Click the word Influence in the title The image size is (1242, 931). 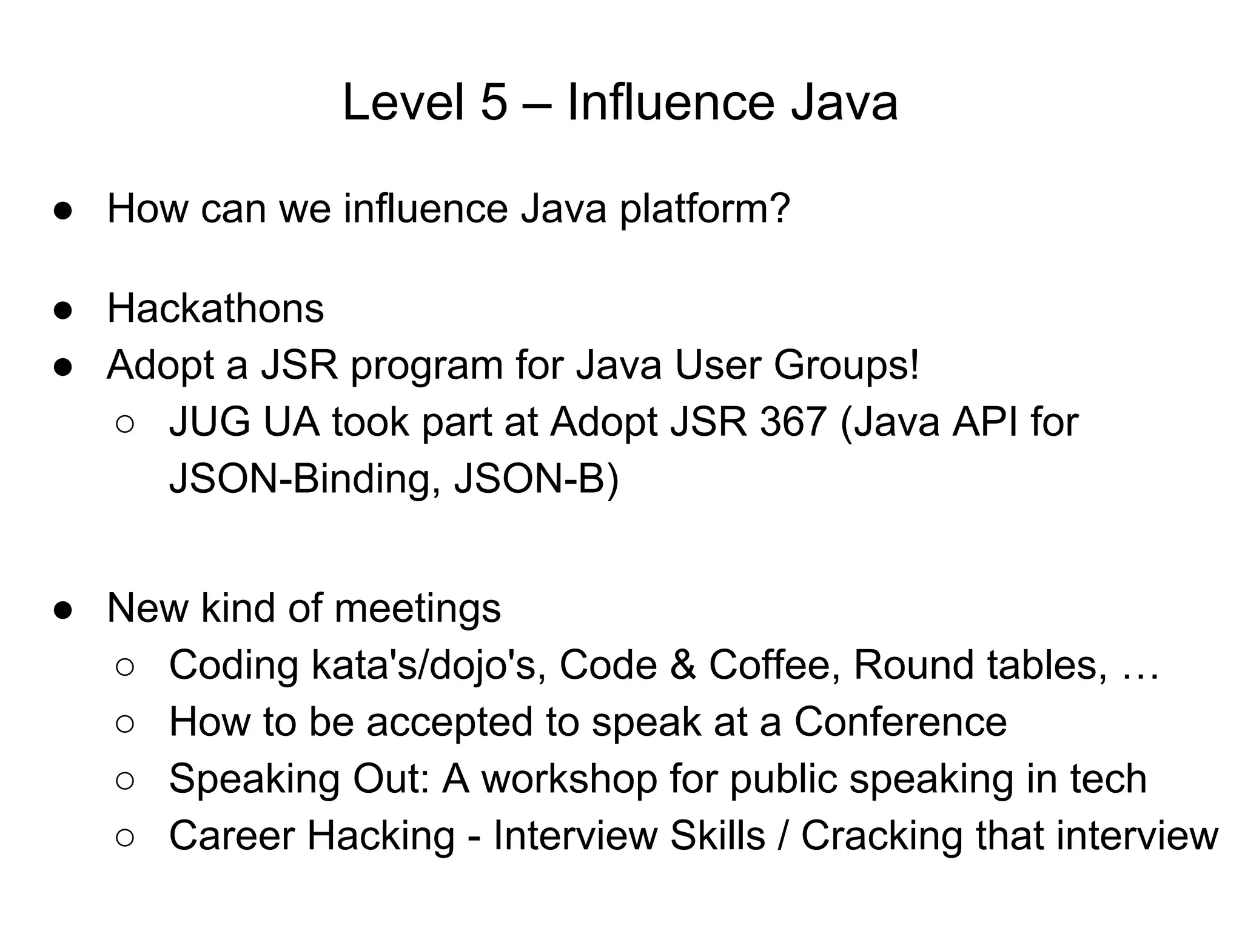[670, 102]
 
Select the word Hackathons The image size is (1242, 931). [215, 309]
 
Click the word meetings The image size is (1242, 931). [417, 608]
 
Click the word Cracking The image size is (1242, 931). [882, 836]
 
